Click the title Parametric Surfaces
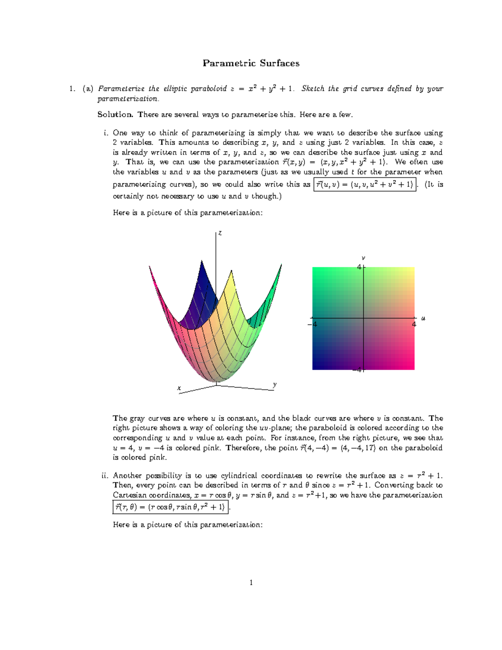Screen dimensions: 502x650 (x=251, y=63)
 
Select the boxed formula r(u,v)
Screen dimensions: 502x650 (x=364, y=185)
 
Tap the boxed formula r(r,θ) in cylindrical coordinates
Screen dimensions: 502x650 (x=171, y=507)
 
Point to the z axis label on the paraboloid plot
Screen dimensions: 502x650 (x=220, y=233)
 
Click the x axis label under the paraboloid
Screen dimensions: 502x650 (x=179, y=388)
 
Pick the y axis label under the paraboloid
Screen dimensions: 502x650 (x=275, y=384)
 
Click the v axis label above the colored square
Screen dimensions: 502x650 (x=364, y=258)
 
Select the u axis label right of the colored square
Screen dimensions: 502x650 (x=423, y=319)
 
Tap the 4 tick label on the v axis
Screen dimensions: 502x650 (x=359, y=267)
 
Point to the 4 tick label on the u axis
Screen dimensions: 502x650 (x=414, y=324)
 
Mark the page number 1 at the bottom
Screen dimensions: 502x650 (x=251, y=583)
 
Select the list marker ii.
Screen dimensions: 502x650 (x=105, y=475)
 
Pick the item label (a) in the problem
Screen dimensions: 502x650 (x=88, y=89)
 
